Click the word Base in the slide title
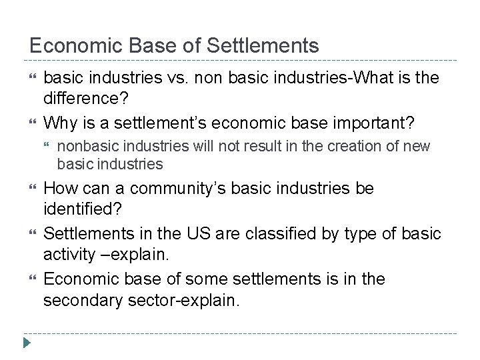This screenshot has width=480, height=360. click(142, 45)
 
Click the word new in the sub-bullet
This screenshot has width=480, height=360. click(419, 147)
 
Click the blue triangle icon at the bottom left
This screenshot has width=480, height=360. click(27, 344)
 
